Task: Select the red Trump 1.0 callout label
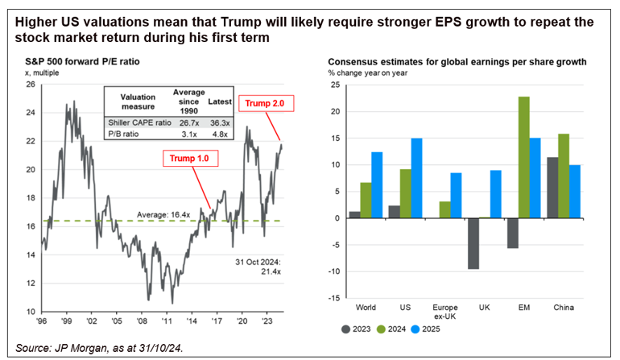(x=186, y=158)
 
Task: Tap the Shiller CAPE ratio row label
(x=134, y=120)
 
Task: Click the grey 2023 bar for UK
(x=473, y=243)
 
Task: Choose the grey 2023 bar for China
(x=552, y=188)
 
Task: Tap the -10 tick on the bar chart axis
(x=335, y=271)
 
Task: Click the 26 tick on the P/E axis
(x=31, y=84)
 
